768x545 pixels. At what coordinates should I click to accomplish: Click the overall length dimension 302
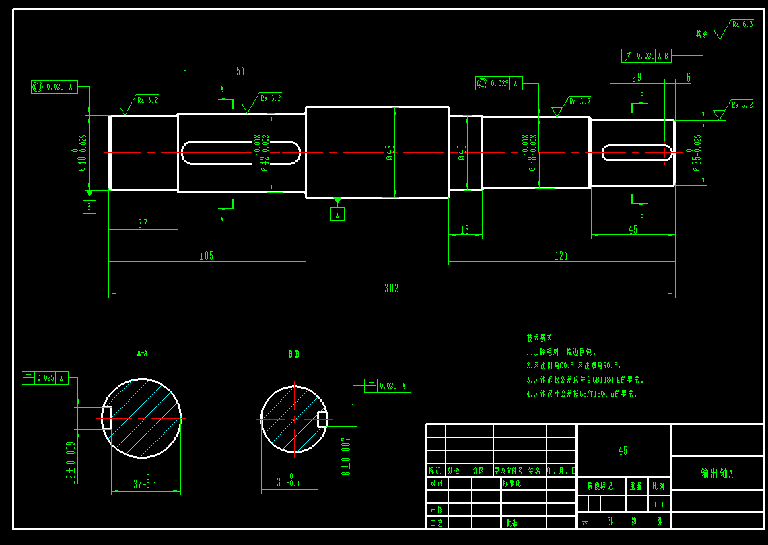[391, 288]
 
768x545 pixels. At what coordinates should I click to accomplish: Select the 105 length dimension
[206, 256]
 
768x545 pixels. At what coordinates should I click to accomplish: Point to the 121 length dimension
[561, 256]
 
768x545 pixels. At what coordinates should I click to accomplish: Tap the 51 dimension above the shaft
[240, 71]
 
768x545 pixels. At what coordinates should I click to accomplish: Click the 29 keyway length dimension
[636, 77]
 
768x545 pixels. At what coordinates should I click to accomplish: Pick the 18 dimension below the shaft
[464, 230]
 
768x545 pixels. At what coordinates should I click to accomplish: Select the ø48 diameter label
[390, 153]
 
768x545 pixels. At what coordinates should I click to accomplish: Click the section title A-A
[142, 353]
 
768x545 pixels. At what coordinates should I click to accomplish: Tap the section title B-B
[293, 354]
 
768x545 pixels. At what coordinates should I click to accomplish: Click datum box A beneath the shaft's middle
[337, 214]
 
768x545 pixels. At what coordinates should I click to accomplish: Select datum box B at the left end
[90, 207]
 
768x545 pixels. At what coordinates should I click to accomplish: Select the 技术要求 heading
[539, 338]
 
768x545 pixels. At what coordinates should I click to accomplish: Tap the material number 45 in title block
[623, 450]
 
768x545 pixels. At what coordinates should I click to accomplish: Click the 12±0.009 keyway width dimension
[70, 461]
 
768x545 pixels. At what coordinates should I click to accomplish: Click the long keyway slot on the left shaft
[240, 153]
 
